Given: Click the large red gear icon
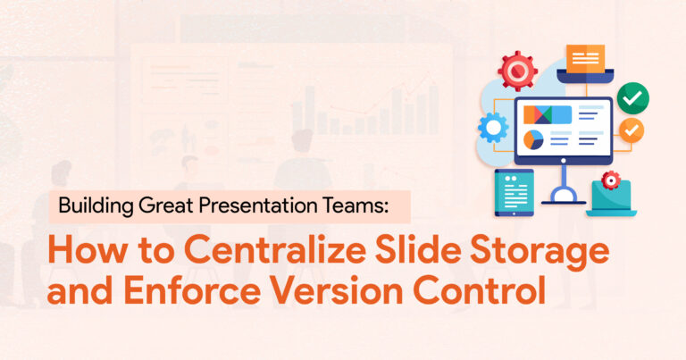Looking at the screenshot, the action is [517, 71].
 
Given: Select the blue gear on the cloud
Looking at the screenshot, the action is [493, 128].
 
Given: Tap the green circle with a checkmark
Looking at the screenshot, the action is [632, 98].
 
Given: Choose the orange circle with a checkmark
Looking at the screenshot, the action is [632, 130].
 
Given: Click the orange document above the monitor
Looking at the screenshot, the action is [585, 58].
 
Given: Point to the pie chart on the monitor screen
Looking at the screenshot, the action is [533, 139].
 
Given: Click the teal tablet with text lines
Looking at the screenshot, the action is [514, 192].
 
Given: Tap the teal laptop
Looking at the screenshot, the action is [611, 198].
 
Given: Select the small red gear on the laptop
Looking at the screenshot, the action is [611, 180].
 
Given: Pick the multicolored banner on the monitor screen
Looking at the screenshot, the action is [548, 114].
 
